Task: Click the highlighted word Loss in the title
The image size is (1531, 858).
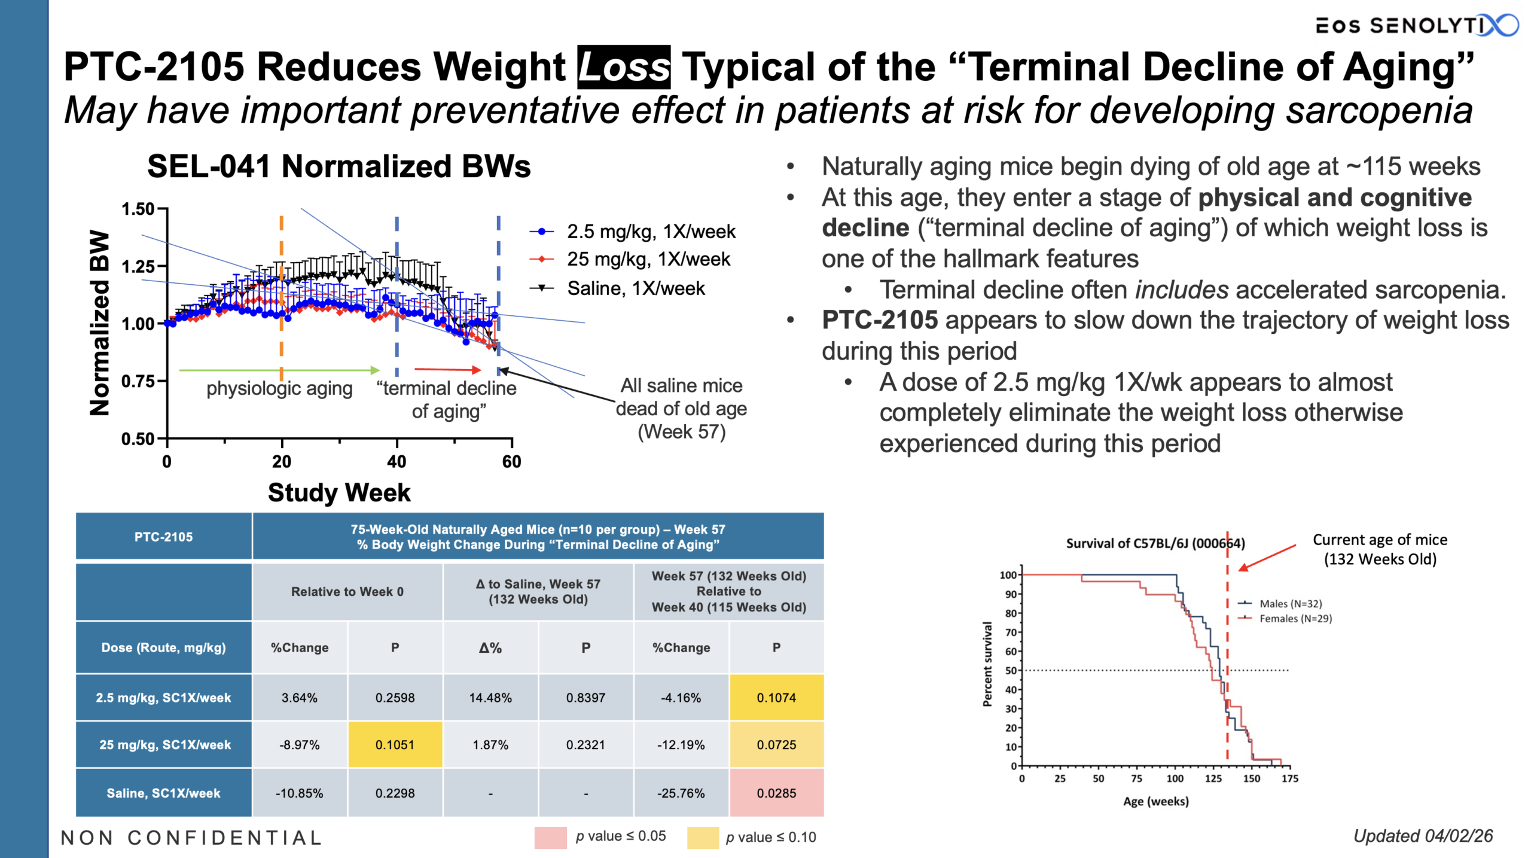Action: coord(623,66)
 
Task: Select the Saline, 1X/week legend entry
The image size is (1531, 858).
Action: coord(635,288)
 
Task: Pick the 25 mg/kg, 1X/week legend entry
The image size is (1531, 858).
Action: coord(648,259)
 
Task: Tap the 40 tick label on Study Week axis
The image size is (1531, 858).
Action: coord(397,461)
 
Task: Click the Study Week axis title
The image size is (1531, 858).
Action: coord(339,492)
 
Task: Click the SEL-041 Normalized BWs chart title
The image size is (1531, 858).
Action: coord(338,166)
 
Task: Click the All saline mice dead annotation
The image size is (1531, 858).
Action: coord(681,409)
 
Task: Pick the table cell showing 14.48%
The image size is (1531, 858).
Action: coord(490,698)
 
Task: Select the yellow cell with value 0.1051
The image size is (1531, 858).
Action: coord(395,745)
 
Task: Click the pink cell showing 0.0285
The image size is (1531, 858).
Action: coord(776,793)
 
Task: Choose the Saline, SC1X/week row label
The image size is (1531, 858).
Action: coord(163,793)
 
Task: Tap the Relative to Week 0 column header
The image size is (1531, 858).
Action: coord(347,592)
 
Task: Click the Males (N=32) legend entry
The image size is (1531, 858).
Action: coord(1290,604)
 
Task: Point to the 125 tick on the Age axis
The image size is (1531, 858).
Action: coord(1213,778)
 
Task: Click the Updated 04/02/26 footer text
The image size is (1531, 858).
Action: coord(1423,836)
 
